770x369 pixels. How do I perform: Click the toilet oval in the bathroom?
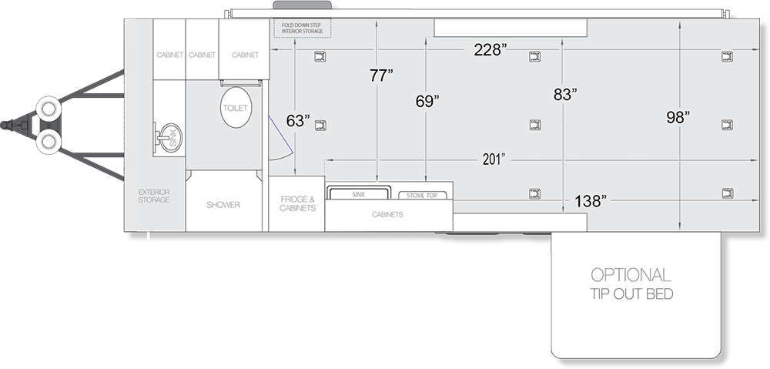(x=236, y=108)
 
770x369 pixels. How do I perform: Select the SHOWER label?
(x=223, y=205)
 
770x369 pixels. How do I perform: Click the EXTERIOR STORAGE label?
(x=154, y=196)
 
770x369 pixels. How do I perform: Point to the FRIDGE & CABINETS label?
(x=297, y=203)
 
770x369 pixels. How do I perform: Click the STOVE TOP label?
(x=422, y=196)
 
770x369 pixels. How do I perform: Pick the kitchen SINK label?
(x=359, y=195)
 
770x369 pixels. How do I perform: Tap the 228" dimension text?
(x=490, y=49)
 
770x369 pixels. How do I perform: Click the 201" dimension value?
(x=494, y=159)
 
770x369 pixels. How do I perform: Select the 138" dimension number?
(x=591, y=201)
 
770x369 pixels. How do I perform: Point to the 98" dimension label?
(x=678, y=117)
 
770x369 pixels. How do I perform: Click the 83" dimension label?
(x=565, y=95)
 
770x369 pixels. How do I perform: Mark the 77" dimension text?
(x=382, y=75)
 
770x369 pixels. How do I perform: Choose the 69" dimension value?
(x=427, y=101)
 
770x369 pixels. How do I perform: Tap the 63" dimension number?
(x=299, y=121)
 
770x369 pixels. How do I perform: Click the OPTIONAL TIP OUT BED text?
(x=631, y=283)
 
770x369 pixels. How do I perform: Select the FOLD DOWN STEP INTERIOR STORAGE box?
(x=303, y=28)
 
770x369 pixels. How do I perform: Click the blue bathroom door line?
(x=280, y=134)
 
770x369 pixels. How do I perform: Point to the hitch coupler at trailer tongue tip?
(x=7, y=125)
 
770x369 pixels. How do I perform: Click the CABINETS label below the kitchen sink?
(x=388, y=215)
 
